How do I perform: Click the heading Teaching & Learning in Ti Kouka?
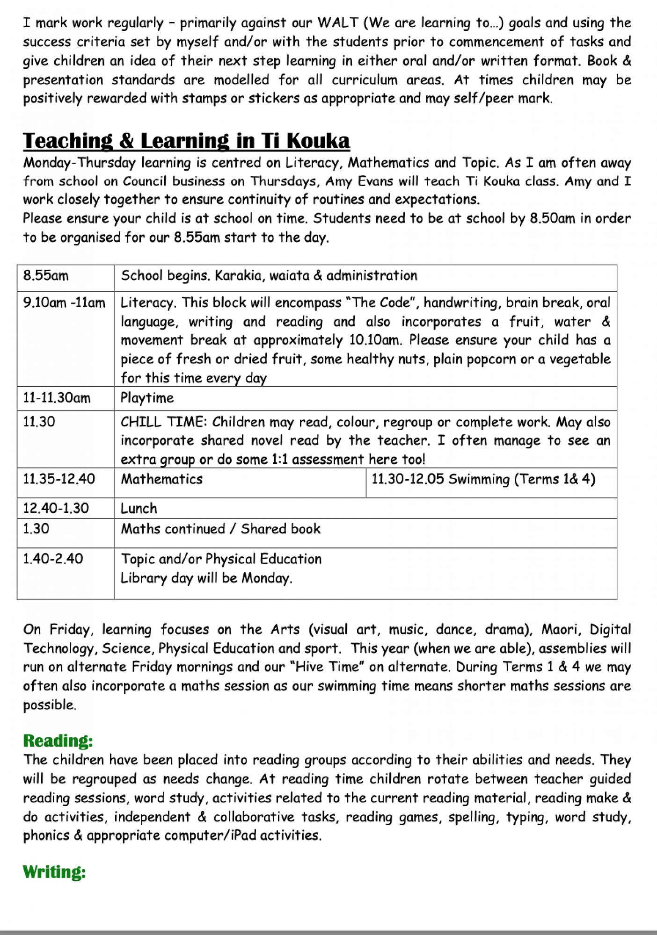(186, 141)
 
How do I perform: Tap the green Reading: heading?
(58, 741)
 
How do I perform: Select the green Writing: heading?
(54, 872)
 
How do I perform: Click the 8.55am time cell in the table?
(46, 276)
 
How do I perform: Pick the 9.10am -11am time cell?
(64, 303)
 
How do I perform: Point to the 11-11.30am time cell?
(57, 398)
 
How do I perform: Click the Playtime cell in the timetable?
(147, 398)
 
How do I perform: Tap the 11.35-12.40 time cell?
(59, 479)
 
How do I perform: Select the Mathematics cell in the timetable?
(162, 479)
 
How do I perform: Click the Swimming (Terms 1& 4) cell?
(483, 479)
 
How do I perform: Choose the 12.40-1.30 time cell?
(56, 508)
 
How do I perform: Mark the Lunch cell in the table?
(139, 508)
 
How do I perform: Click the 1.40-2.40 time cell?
(53, 559)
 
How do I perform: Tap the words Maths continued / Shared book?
(220, 529)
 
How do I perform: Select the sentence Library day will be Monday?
(206, 578)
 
